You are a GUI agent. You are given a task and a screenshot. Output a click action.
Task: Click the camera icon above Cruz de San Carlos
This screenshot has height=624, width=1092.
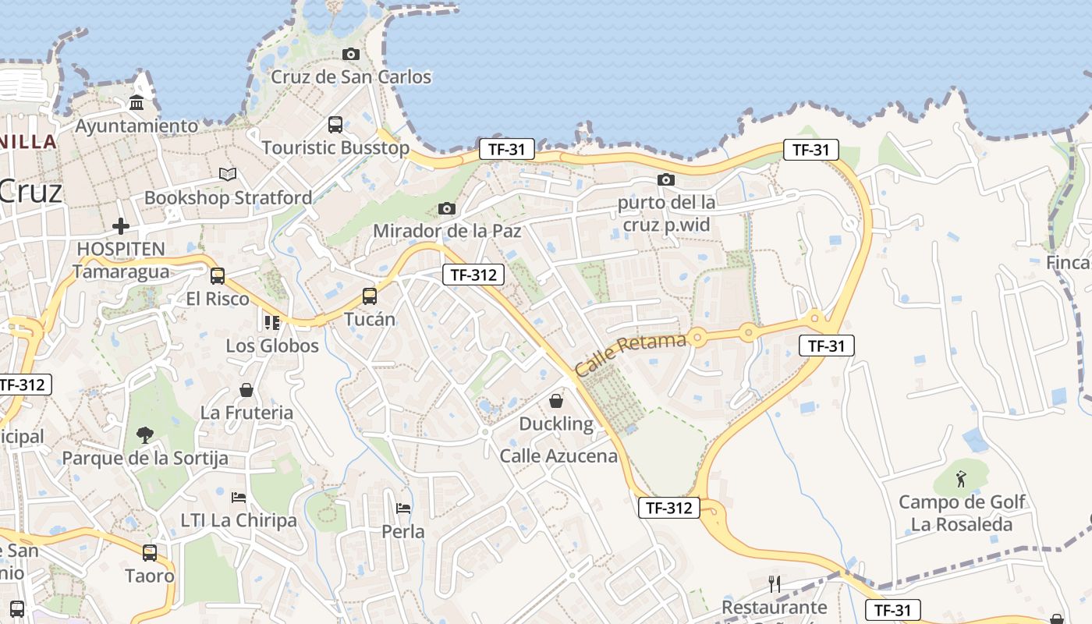[351, 54]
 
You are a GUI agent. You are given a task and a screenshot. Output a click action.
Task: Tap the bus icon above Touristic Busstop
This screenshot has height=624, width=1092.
[335, 124]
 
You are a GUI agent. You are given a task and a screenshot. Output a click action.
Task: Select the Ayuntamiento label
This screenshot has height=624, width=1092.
[136, 126]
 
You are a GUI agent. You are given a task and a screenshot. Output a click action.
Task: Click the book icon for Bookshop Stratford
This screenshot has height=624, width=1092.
[227, 174]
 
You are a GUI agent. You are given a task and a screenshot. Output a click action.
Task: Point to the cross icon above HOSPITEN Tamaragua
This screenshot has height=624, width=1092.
[121, 226]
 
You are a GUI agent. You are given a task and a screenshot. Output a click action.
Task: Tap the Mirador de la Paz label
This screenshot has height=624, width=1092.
[447, 231]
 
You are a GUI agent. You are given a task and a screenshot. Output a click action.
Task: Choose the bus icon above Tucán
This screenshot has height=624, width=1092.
[370, 296]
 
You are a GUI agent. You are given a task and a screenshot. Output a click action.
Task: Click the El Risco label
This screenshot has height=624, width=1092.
[218, 299]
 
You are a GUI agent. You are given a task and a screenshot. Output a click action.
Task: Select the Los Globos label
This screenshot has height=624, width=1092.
[272, 346]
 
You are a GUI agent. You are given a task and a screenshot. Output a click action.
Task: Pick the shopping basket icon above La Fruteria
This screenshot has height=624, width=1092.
[246, 390]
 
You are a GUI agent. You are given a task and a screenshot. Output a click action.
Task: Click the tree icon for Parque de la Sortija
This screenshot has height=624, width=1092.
[144, 434]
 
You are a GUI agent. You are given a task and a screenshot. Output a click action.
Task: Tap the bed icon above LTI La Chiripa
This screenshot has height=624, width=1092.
[239, 497]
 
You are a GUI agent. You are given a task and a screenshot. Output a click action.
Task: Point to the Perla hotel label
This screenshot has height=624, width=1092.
[403, 532]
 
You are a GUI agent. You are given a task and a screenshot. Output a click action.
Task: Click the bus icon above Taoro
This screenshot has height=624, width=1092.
[150, 553]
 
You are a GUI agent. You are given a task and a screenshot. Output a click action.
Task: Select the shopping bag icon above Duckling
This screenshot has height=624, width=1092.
[556, 401]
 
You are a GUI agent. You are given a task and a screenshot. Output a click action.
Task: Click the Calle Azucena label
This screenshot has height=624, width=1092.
[558, 456]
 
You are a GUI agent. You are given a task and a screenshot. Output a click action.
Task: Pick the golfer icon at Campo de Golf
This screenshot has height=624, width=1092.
[961, 478]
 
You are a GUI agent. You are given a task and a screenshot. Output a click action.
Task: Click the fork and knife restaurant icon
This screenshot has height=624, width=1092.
[775, 583]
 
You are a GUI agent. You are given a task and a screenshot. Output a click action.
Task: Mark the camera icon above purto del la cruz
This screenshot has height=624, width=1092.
[666, 179]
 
